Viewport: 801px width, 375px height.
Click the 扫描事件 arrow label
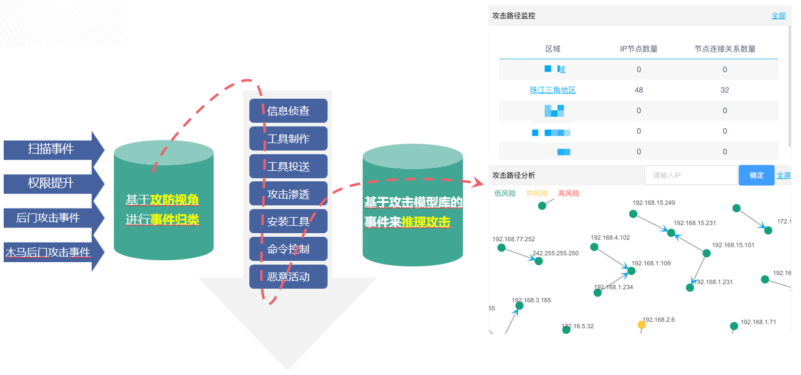tap(50, 149)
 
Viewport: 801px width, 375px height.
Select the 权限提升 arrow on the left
tap(50, 183)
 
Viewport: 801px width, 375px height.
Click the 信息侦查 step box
tap(288, 111)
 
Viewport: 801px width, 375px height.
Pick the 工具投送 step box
tap(288, 167)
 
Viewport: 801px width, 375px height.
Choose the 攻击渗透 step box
tap(288, 194)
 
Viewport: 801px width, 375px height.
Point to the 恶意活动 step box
tap(288, 277)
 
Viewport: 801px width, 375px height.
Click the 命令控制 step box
tap(288, 249)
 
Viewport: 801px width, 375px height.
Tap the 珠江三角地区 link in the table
tap(553, 90)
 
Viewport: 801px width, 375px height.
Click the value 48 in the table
tap(638, 90)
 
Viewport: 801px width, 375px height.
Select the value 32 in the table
tap(725, 90)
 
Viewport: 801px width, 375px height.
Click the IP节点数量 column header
tap(638, 49)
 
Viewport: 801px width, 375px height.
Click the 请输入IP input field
tap(690, 175)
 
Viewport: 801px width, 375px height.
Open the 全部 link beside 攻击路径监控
tap(778, 16)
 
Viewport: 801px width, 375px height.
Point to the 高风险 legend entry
tap(568, 193)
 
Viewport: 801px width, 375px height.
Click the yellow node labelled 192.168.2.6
tap(642, 324)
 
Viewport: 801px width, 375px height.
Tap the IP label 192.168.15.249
tap(654, 203)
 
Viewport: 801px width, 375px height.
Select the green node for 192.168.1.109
tap(631, 271)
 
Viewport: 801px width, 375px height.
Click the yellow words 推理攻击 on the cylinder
tap(426, 222)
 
